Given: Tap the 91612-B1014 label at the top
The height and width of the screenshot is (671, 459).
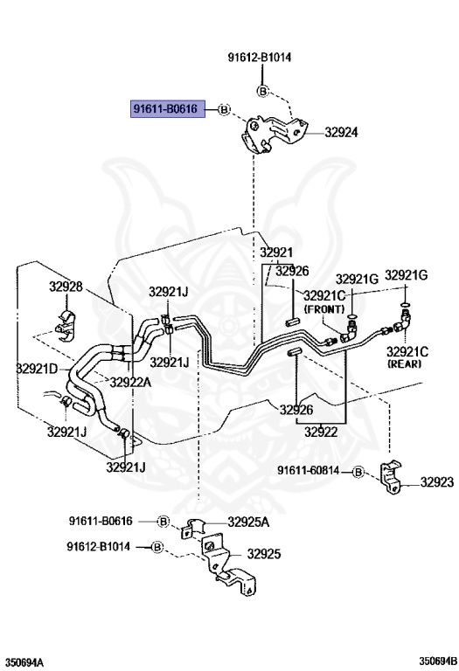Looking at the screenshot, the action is click(260, 58).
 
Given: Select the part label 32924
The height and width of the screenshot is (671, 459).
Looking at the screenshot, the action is click(341, 132).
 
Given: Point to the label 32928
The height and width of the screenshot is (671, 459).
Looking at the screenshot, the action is click(66, 287).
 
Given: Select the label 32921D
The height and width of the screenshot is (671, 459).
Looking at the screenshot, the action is click(37, 368).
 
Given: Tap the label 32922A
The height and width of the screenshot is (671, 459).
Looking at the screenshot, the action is click(130, 382).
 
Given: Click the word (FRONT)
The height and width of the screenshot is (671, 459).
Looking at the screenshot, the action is click(324, 309).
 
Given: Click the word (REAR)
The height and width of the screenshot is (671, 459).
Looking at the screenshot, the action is click(404, 364).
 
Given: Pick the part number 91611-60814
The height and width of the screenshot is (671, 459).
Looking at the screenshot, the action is click(309, 471).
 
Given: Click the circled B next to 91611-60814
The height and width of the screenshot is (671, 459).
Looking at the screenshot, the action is click(358, 473).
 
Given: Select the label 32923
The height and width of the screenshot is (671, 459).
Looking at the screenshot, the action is click(436, 482).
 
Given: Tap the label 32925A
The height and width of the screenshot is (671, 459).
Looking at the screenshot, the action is click(248, 522).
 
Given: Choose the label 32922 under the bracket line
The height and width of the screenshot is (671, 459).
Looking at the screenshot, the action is click(321, 432).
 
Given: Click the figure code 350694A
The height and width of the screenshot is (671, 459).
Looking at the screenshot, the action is click(24, 663).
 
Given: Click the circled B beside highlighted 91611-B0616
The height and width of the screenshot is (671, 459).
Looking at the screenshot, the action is click(224, 109).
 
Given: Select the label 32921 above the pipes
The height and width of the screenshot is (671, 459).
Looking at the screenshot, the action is click(276, 252).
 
